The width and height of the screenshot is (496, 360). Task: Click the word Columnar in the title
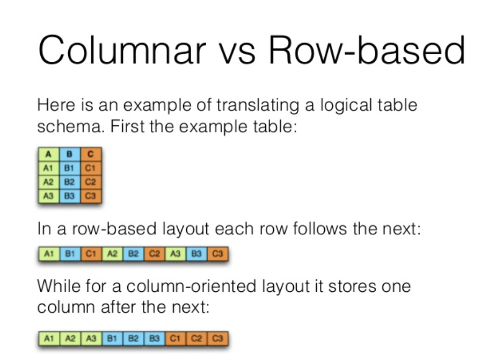click(121, 52)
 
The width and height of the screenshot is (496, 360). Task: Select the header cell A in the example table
click(48, 155)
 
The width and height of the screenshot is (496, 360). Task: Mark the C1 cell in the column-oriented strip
click(175, 339)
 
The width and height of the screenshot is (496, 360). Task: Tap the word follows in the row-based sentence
click(308, 229)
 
